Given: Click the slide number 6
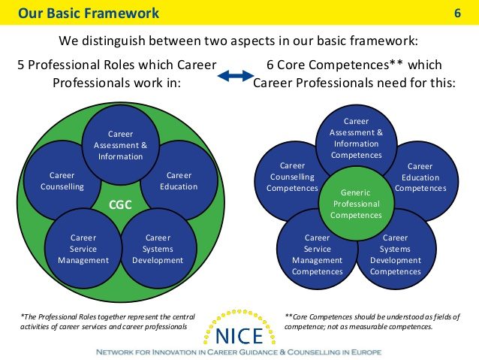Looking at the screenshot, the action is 457,13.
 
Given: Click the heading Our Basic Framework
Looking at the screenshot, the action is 89,13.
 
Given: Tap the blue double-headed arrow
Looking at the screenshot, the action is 236,76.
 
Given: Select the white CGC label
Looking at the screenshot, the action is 120,204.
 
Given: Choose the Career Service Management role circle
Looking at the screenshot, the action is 83,248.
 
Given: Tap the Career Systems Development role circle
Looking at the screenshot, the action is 158,248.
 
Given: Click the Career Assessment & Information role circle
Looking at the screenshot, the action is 121,145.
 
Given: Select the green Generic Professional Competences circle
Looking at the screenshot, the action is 356,204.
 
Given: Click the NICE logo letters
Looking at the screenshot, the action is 239,335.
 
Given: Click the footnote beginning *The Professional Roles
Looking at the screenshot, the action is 107,322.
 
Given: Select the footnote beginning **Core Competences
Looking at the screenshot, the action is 372,322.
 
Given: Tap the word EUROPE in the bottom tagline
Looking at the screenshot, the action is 366,352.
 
